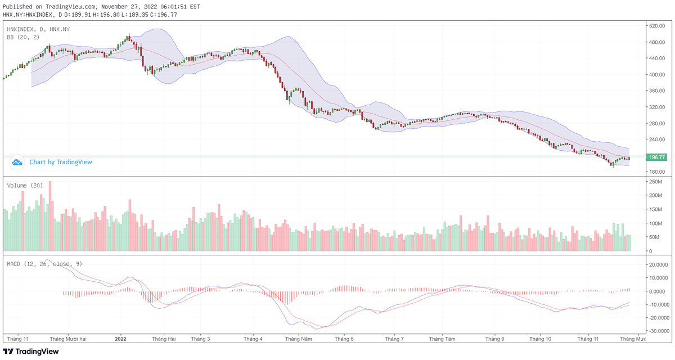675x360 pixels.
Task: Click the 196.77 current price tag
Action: [x=657, y=157]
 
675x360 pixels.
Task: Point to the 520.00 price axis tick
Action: [x=657, y=26]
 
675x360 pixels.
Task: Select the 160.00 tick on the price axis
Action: [x=657, y=172]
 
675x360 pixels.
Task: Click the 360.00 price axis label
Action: [x=657, y=91]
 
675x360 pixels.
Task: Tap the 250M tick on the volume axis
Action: [x=656, y=182]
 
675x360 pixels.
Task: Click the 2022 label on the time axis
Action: [x=121, y=339]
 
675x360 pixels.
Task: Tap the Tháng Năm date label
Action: [x=298, y=339]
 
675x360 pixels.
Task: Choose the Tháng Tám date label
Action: [x=442, y=339]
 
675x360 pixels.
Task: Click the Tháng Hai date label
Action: [x=164, y=339]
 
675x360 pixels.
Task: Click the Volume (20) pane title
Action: [x=25, y=185]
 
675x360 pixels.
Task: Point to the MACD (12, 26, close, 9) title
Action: [x=44, y=263]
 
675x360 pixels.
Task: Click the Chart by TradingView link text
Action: [x=61, y=162]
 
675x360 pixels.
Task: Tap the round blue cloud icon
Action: [x=17, y=162]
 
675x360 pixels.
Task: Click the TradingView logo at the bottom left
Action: [x=31, y=352]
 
